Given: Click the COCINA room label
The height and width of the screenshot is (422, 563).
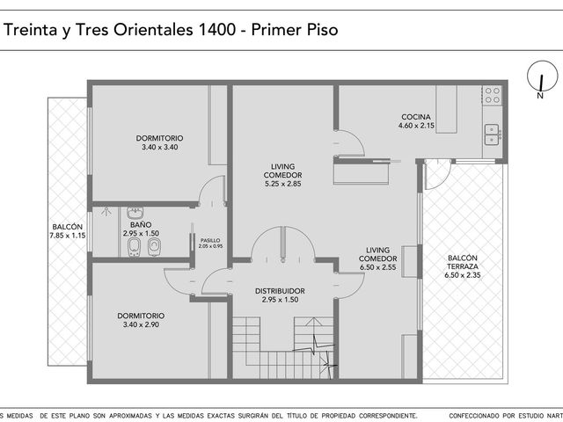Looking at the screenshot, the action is point(416,117).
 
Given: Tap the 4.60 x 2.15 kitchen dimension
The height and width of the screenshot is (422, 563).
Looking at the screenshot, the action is point(416,126).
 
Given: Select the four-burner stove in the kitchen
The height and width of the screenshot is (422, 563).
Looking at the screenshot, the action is point(493,95).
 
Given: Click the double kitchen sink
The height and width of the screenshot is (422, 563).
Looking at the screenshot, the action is point(492,135).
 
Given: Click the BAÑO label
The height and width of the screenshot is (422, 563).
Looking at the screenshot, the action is point(141,225).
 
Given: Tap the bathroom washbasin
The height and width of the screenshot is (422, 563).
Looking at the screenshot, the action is point(135,213).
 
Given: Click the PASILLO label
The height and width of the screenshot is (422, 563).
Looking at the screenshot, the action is point(210,240).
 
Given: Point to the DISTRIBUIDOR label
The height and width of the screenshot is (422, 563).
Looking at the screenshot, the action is point(280,291).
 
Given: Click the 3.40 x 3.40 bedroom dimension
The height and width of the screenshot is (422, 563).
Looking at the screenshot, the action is point(160,147).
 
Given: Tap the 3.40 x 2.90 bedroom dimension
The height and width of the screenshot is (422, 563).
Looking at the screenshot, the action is point(141,324).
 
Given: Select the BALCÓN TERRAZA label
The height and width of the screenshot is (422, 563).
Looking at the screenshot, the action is point(463,262).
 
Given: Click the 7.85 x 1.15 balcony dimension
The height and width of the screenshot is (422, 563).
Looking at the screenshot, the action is point(68,236).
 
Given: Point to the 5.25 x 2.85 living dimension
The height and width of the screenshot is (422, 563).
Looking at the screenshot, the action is point(283,184).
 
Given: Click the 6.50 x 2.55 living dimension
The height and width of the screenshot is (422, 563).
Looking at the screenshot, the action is point(377,267).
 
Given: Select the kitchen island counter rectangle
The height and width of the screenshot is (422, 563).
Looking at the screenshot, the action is point(446,109).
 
